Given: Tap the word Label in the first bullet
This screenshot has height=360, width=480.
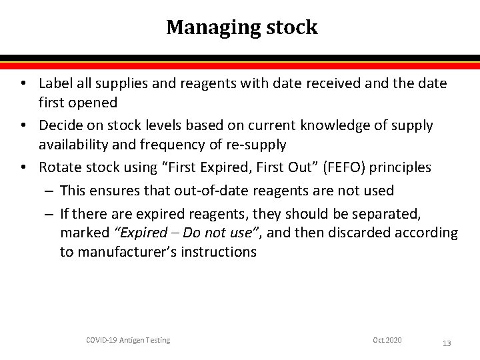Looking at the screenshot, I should click(x=54, y=83).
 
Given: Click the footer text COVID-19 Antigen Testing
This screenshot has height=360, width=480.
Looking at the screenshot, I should click(x=129, y=341).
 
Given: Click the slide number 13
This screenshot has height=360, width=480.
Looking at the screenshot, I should click(x=447, y=343).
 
